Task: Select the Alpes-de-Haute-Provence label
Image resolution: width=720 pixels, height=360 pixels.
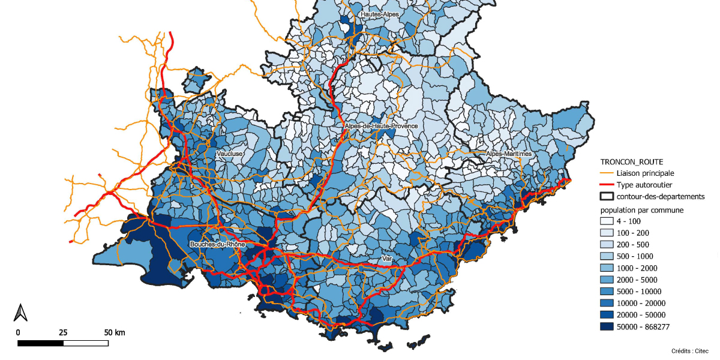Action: tap(381, 127)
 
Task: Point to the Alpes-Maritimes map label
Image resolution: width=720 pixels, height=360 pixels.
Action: tap(509, 154)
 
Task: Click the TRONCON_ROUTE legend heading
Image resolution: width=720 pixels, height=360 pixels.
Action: tap(632, 162)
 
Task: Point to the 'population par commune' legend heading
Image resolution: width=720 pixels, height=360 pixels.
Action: tap(643, 210)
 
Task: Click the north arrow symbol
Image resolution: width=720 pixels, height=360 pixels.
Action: tap(20, 312)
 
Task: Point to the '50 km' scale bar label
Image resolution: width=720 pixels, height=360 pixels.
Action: tap(115, 332)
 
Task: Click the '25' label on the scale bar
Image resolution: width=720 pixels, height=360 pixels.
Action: tap(63, 332)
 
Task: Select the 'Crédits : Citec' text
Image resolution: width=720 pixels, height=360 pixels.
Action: tap(690, 350)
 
